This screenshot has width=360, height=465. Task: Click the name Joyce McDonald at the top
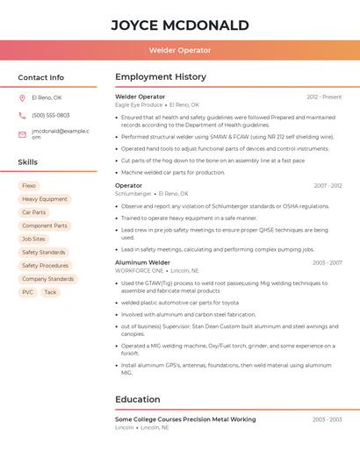(179, 25)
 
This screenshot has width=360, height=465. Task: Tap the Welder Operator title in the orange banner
(179, 50)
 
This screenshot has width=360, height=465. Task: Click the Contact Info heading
(40, 77)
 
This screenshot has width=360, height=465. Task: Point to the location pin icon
(22, 97)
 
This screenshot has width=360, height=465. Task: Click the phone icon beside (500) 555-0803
(22, 115)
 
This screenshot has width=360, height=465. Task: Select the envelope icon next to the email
(22, 133)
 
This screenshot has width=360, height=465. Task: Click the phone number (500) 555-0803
(50, 115)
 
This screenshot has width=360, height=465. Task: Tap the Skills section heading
(27, 162)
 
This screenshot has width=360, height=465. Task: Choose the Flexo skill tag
(29, 186)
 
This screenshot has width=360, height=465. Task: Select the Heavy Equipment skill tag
(44, 199)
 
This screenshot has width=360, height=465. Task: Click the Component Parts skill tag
(44, 225)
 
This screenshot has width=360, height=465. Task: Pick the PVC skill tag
(28, 292)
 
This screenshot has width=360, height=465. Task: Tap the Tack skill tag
(50, 292)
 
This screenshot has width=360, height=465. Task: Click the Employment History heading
(161, 77)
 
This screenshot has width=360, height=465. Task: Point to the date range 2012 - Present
(324, 97)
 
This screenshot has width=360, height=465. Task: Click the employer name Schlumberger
(133, 194)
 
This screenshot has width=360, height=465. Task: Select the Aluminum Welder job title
(142, 262)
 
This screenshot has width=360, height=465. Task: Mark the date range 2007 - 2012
(328, 186)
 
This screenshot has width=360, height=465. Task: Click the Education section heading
(137, 399)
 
